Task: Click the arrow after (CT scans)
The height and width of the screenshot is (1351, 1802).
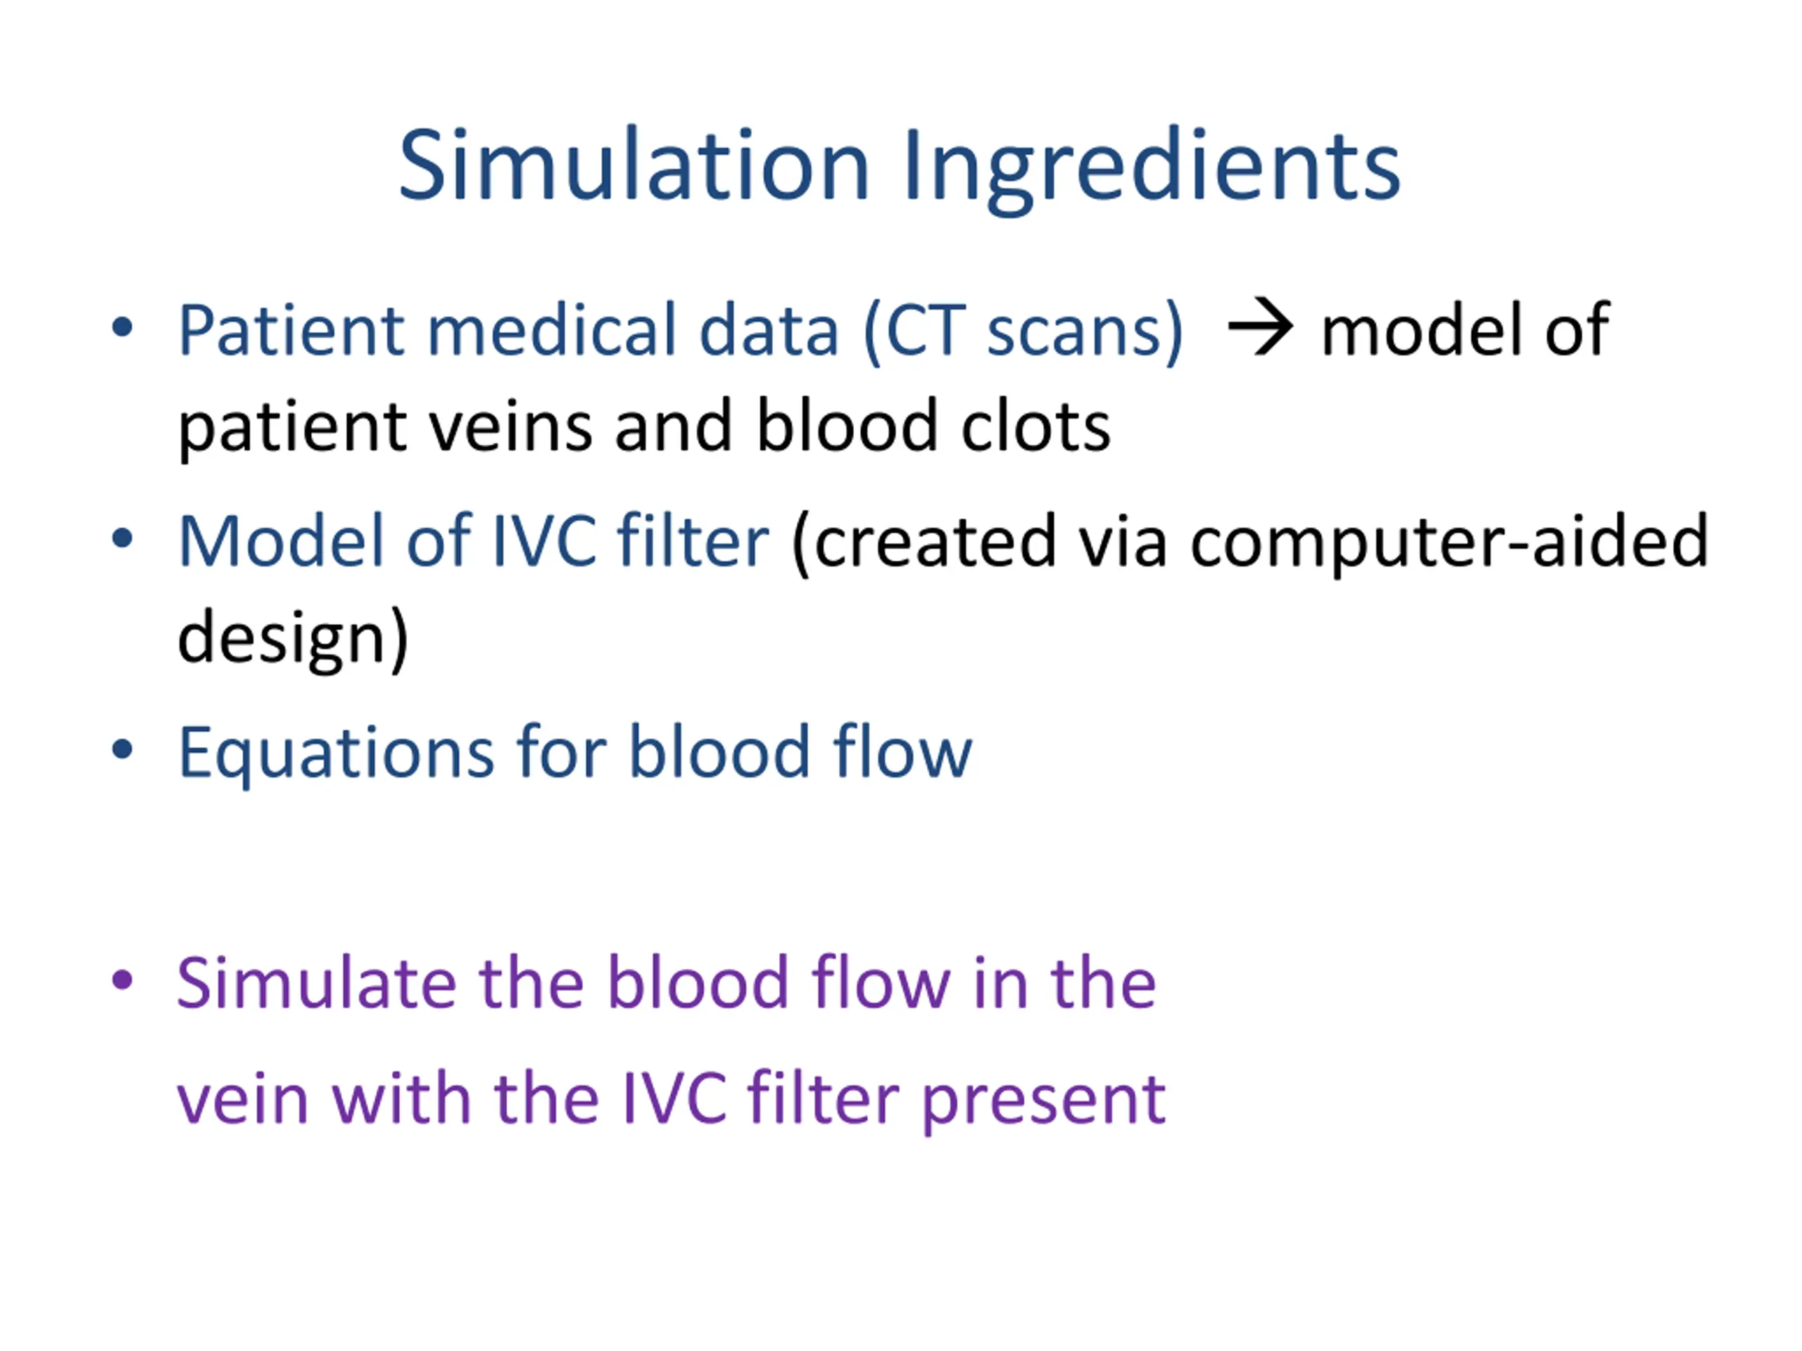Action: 1259,328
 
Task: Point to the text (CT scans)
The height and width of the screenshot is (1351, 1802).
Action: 1022,330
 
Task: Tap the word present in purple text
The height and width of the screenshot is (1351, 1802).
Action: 1044,1098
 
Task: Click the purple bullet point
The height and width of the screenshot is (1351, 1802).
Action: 122,979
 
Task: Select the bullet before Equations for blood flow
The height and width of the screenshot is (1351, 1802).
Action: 122,749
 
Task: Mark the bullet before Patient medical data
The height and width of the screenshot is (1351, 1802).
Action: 122,327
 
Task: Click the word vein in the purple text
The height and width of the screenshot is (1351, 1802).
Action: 242,1098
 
